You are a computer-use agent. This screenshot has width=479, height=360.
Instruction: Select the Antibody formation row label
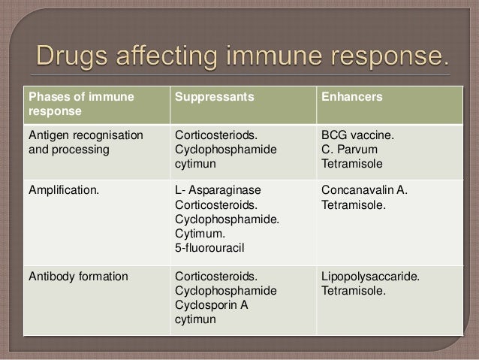[x=77, y=277]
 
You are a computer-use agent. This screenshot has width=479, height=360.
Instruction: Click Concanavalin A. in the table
[x=364, y=189]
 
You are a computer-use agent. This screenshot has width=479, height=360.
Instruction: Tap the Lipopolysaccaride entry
[x=370, y=277]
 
